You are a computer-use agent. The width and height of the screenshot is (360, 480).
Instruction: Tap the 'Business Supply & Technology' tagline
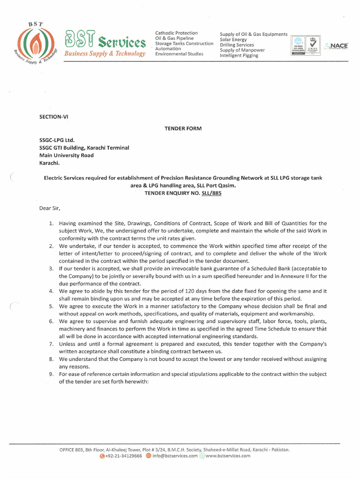point(105,54)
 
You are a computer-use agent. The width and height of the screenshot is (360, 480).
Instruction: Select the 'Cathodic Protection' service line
point(176,33)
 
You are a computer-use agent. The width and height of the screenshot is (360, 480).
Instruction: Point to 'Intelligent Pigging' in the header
point(239,55)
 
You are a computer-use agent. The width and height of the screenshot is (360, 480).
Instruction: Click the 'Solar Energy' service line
point(233,40)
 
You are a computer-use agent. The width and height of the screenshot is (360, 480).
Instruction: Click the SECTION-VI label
point(53,116)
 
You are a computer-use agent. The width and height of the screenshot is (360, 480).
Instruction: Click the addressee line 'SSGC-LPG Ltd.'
point(57,140)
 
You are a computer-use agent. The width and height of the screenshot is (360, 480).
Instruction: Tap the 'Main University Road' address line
point(66,155)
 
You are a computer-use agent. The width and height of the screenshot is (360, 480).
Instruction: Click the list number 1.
point(51,223)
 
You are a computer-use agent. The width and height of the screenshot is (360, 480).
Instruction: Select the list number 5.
point(51,306)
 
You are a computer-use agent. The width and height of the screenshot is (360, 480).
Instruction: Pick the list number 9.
point(51,374)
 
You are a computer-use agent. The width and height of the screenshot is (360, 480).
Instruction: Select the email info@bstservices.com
point(174,456)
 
